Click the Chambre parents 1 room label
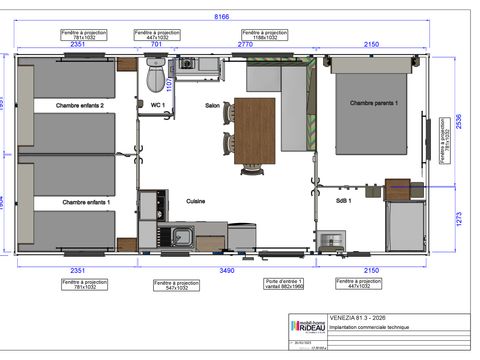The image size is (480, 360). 373,104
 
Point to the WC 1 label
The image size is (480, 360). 157,105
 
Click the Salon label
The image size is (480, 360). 212,105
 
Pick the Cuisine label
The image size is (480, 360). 196,202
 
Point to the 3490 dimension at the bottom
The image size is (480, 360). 229,270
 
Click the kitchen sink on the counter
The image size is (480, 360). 182,236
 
